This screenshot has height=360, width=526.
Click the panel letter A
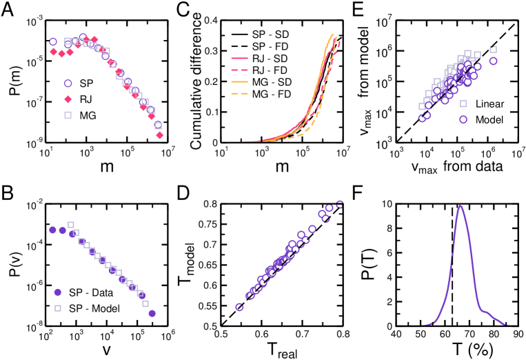(9, 12)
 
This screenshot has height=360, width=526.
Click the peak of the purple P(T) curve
(460, 206)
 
